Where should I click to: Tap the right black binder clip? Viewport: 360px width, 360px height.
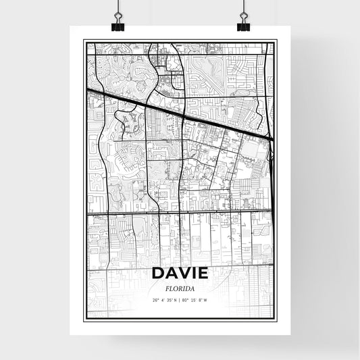(x=243, y=25)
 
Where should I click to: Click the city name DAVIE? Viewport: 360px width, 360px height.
(x=180, y=274)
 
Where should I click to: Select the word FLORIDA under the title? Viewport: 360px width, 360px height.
(x=180, y=288)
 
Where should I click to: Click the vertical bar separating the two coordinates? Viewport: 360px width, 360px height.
(x=180, y=300)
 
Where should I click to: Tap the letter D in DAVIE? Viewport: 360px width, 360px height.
(x=157, y=274)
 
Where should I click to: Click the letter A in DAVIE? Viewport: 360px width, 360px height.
(x=170, y=274)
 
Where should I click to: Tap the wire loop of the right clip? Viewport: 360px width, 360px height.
(x=243, y=10)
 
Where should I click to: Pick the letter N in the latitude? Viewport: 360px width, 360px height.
(x=175, y=300)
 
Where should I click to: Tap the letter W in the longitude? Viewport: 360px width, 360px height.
(x=206, y=300)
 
